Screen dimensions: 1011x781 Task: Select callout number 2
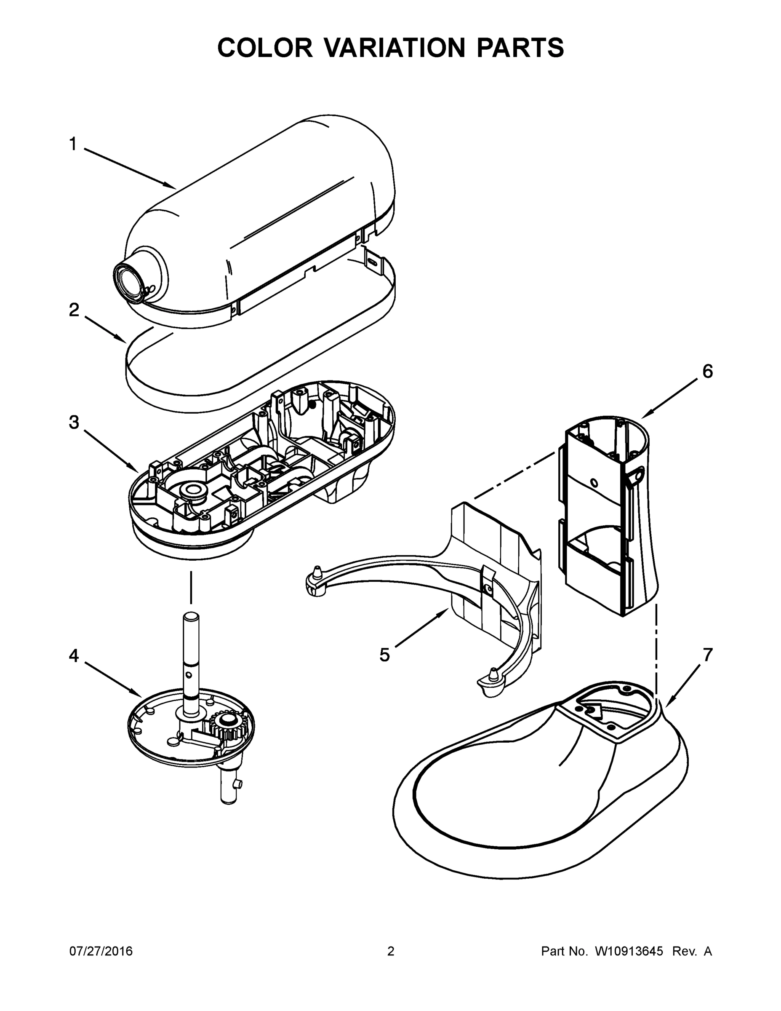(x=74, y=310)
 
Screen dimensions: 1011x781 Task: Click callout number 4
(x=74, y=655)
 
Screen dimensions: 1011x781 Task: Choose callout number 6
(x=707, y=371)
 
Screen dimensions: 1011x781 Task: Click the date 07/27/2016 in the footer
(x=101, y=951)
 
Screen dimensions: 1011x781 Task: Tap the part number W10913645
(x=629, y=951)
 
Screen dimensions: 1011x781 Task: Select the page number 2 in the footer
(x=391, y=951)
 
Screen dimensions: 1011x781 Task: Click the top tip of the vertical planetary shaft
(x=192, y=617)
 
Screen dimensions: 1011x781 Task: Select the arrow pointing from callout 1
(x=130, y=169)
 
